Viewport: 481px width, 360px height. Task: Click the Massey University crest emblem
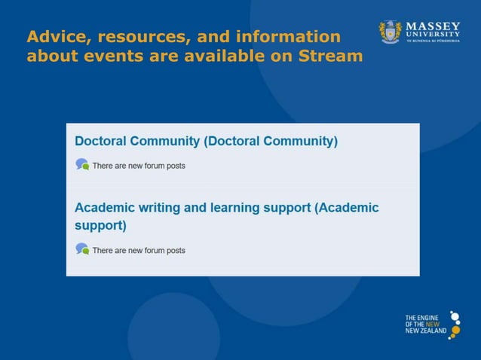point(391,32)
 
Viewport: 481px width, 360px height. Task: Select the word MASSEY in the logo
point(434,26)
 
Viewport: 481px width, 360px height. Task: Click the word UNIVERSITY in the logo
point(434,35)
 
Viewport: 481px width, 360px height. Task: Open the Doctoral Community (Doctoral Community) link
point(206,142)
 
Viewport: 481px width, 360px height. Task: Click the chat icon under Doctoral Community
point(81,164)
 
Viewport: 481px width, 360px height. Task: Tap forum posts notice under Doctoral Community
point(138,166)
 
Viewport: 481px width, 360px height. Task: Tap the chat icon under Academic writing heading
point(81,249)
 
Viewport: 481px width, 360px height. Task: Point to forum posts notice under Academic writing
point(138,250)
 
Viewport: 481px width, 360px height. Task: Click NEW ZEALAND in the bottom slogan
point(425,331)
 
